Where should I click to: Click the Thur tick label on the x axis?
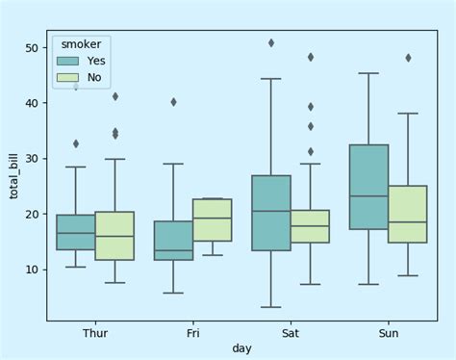click(95, 333)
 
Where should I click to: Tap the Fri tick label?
click(192, 333)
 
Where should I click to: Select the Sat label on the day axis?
click(291, 333)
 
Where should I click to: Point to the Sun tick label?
click(388, 333)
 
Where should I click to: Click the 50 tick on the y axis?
click(32, 48)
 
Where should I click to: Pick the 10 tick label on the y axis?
click(32, 270)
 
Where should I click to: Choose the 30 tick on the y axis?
click(32, 159)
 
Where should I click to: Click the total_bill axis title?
click(13, 176)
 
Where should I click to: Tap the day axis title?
click(241, 347)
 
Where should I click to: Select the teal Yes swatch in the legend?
click(68, 61)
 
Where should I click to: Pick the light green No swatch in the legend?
click(68, 77)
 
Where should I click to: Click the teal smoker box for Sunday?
click(368, 187)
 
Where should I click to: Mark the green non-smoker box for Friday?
click(213, 219)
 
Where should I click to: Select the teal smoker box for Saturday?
click(271, 213)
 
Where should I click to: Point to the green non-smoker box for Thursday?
click(114, 236)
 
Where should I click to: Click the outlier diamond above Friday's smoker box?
click(173, 102)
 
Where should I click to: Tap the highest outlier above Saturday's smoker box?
click(271, 43)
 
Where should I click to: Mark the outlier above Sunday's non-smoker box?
click(408, 58)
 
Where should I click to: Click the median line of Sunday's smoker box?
click(368, 196)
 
